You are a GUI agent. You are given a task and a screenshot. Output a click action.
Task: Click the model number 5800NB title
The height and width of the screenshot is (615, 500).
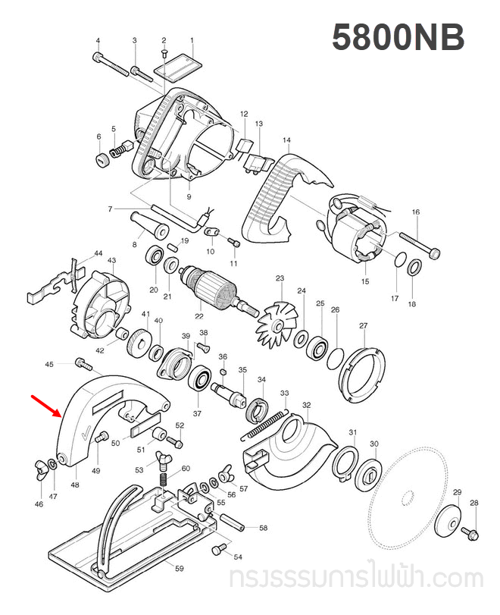point(398,39)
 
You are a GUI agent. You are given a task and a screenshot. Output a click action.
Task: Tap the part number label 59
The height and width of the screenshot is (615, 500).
point(179,568)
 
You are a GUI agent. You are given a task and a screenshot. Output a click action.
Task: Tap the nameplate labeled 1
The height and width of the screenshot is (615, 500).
point(177,66)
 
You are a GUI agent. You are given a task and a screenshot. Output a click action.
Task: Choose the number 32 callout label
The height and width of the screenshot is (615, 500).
point(306,406)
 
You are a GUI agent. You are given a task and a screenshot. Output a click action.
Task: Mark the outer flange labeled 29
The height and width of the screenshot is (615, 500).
point(447,522)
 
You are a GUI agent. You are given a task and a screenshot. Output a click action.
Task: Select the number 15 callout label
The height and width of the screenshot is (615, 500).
point(365,281)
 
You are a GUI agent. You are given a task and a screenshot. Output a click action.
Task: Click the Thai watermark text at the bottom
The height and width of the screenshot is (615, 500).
point(356,580)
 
